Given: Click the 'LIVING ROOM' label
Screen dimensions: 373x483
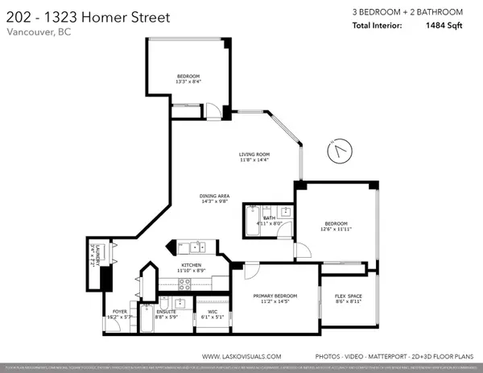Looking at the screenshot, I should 253,154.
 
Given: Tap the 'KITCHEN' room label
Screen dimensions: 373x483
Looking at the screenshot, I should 191,265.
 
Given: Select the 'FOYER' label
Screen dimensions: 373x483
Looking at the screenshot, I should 119,311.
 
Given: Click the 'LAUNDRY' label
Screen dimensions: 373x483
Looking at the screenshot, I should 95,255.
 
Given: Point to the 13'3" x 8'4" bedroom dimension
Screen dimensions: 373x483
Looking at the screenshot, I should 189,81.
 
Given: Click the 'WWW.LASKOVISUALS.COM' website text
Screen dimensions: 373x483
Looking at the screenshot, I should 241,355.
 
